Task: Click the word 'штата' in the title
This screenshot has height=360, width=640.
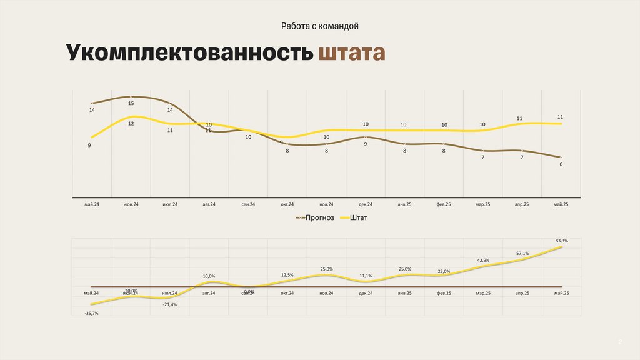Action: pyautogui.click(x=351, y=54)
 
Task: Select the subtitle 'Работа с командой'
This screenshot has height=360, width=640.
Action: pyautogui.click(x=319, y=26)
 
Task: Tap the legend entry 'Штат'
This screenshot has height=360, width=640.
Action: pyautogui.click(x=359, y=217)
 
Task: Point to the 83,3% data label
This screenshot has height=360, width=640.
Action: pyautogui.click(x=561, y=241)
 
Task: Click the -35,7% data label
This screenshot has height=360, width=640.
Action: pyautogui.click(x=91, y=313)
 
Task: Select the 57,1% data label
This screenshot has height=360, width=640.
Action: pyautogui.click(x=522, y=253)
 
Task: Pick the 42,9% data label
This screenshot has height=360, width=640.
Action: pyautogui.click(x=482, y=260)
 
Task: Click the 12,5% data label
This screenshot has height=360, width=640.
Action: pyautogui.click(x=287, y=274)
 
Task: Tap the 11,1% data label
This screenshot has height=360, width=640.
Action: pyautogui.click(x=366, y=276)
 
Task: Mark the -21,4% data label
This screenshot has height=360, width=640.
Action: pyautogui.click(x=169, y=304)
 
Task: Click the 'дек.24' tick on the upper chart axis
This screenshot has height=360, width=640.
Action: pyautogui.click(x=366, y=204)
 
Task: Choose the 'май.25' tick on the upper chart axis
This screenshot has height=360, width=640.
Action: pyautogui.click(x=561, y=204)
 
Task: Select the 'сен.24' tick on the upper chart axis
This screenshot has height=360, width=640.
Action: pyautogui.click(x=248, y=204)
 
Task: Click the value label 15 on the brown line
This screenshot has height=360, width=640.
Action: pyautogui.click(x=131, y=103)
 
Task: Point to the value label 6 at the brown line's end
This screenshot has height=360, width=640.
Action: pyautogui.click(x=561, y=164)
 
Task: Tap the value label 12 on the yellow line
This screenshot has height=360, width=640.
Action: pyautogui.click(x=131, y=124)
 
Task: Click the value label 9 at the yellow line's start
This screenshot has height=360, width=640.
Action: pyautogui.click(x=90, y=145)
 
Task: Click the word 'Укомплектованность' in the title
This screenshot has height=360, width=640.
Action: pyautogui.click(x=189, y=54)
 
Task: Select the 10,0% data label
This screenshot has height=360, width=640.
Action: pyautogui.click(x=209, y=276)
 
